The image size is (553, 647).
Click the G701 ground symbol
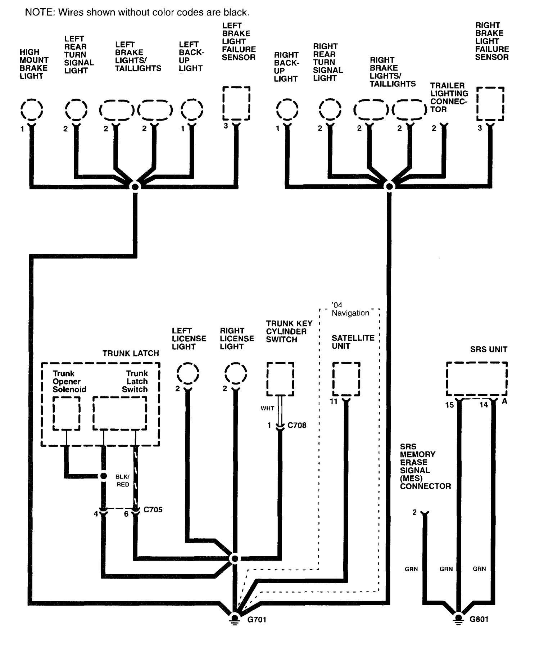235,619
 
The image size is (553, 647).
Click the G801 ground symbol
458,619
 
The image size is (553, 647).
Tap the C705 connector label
153,509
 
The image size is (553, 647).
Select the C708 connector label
297,425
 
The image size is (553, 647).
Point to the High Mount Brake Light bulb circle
32,109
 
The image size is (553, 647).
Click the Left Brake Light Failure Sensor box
236,103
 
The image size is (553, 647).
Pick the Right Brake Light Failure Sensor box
490,103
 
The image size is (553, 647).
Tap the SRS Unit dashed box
477,379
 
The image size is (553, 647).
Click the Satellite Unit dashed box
346,379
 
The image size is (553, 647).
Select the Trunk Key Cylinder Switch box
280,379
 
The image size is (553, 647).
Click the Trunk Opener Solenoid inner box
66,413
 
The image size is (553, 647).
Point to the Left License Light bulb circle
188,374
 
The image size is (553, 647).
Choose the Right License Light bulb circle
235,374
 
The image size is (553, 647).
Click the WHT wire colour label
267,408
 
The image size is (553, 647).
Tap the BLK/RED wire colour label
122,481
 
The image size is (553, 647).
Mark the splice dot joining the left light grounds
135,187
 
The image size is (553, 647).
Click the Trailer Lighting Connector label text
449,97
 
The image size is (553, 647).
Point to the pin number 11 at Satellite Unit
334,401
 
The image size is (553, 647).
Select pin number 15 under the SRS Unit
449,405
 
